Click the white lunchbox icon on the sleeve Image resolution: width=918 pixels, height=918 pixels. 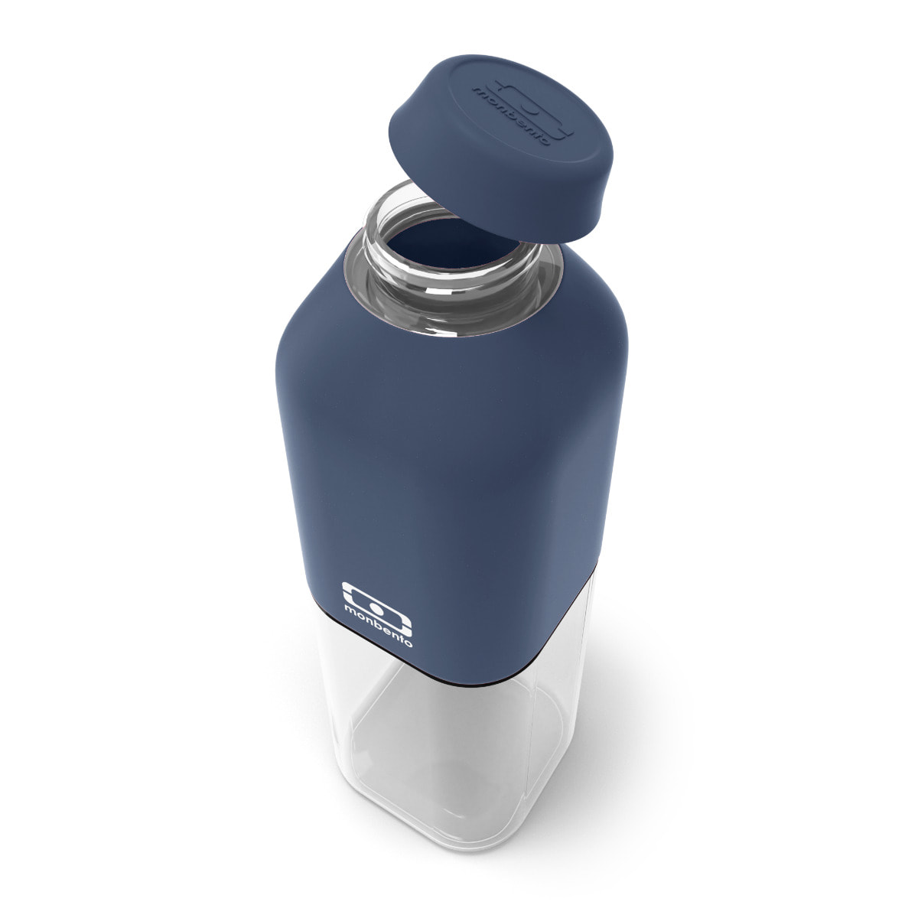pos(378,603)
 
